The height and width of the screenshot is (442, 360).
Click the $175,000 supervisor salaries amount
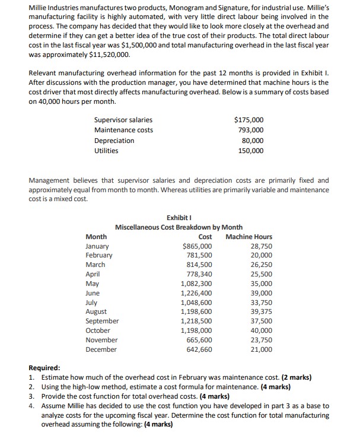point(249,120)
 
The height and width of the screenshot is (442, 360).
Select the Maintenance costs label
point(123,130)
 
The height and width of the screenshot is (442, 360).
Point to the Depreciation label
point(114,141)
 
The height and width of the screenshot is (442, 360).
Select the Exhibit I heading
point(179,218)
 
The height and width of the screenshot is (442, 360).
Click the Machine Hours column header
point(249,237)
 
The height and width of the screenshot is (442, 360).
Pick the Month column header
point(97,237)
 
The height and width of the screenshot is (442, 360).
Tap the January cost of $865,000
point(196,246)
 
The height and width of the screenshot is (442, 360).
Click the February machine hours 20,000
point(261,255)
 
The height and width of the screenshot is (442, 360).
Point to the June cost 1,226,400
point(196,293)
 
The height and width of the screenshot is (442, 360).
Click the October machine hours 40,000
point(261,330)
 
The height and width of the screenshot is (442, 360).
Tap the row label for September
point(102,321)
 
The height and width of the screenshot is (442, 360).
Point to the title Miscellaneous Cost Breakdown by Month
point(179,227)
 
